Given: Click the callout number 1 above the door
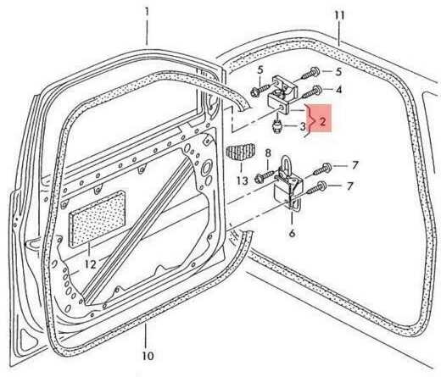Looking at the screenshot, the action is (147, 12).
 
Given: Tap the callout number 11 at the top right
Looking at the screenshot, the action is (339, 15).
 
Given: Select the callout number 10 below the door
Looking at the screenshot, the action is (148, 356).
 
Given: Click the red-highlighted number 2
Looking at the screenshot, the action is (322, 122).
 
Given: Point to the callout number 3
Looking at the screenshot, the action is (303, 126).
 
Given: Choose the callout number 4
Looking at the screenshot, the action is (339, 90).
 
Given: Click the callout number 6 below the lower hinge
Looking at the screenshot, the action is (293, 233).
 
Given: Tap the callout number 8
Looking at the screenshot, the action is (268, 153).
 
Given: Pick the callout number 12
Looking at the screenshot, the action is (91, 264).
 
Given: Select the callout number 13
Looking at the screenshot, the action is (243, 180).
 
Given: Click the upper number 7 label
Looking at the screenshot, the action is (355, 165).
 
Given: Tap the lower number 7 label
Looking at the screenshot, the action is (350, 186).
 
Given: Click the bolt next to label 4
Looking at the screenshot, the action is (310, 93).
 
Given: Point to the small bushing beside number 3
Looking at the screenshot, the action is (276, 127).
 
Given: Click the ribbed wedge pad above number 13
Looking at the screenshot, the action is (241, 152).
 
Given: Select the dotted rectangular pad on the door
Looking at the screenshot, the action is (98, 218).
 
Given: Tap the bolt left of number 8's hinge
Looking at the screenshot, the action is (265, 176).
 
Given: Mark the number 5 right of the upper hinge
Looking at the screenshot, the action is (338, 72).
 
